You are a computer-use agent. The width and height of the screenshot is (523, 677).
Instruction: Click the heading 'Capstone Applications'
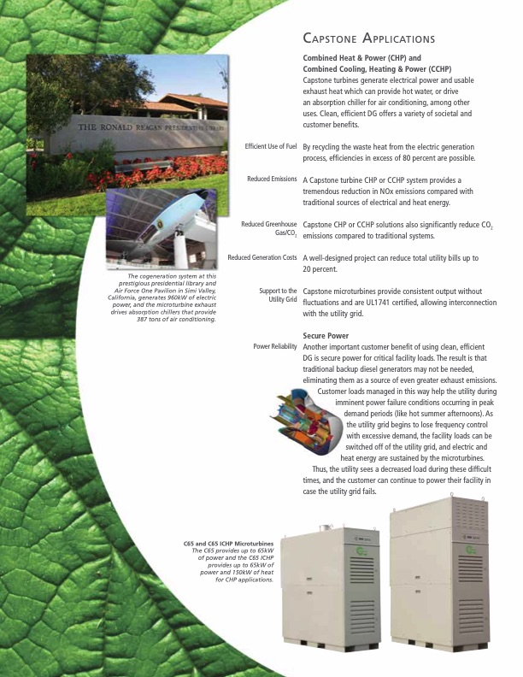369,39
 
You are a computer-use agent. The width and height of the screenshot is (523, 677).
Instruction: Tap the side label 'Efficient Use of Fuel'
271,146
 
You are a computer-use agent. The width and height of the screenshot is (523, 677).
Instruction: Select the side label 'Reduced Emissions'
272,180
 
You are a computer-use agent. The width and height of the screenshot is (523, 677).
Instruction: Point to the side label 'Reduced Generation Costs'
262,257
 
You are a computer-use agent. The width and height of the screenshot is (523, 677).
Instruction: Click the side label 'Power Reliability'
275,346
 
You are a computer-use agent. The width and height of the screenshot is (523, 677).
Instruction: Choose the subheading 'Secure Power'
326,335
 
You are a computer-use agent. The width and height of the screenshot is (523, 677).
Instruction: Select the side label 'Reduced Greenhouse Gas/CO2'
269,228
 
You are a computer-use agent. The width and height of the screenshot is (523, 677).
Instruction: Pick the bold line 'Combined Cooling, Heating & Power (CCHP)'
377,68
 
